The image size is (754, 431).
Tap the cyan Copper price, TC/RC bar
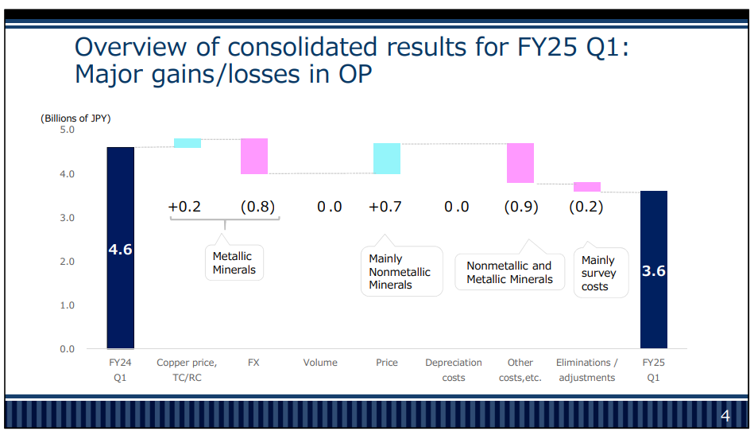(x=188, y=143)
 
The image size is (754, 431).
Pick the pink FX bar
(x=254, y=156)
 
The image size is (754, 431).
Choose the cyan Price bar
(x=387, y=158)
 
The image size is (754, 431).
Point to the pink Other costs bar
(x=520, y=163)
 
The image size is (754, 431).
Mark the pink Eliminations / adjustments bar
(x=587, y=187)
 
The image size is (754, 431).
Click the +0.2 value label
(x=184, y=207)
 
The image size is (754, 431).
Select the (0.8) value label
(x=258, y=207)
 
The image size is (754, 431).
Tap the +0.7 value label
(x=385, y=207)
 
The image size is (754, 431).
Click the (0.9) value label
(x=521, y=207)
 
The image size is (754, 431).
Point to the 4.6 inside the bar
(x=121, y=250)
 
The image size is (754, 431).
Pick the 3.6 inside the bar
(x=653, y=271)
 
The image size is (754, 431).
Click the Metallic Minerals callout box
(x=234, y=262)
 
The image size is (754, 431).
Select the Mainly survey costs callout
(x=600, y=273)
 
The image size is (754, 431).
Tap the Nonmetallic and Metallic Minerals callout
(x=509, y=273)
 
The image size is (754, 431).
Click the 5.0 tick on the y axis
(x=67, y=130)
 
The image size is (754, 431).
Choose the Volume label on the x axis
(x=320, y=363)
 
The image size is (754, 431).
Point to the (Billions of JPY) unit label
(x=75, y=118)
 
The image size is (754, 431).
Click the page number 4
(x=725, y=417)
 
